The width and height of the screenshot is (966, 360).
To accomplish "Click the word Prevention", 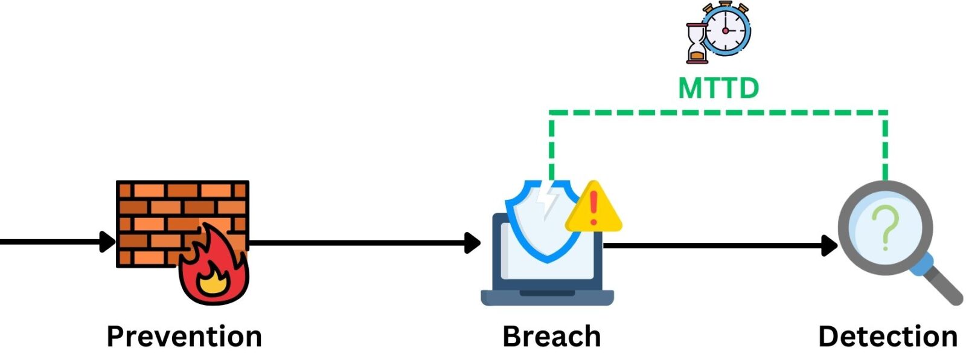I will point(184,336).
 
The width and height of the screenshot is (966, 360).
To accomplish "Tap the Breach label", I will point(551,336).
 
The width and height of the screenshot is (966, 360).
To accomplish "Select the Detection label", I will point(887,336).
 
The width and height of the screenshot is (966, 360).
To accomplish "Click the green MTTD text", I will point(718,88).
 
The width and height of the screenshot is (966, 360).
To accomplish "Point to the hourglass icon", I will point(697,43).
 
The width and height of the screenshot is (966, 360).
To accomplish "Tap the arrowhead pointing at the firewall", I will point(107,242).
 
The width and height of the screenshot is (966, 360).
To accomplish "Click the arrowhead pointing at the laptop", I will point(473,243).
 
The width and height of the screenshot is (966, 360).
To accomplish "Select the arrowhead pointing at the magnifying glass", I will point(830,245).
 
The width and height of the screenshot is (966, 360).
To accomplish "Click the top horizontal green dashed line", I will point(718,112).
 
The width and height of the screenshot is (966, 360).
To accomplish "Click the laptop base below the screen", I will point(547,297).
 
